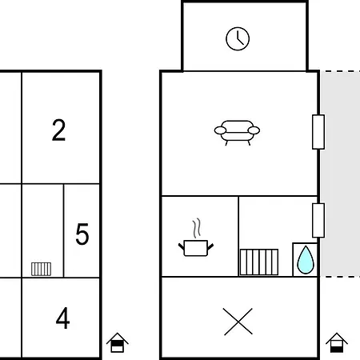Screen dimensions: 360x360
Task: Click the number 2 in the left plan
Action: pos(58,130)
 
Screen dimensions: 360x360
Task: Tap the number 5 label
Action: pos(82,234)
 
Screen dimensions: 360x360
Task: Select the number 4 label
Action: pos(62,318)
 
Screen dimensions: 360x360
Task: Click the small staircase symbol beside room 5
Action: pos(41,269)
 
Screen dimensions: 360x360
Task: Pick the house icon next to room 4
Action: pos(118,342)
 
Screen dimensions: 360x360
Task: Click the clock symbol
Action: pos(238,38)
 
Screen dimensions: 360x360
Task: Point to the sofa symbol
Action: pos(237,133)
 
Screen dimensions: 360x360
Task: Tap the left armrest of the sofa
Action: pos(220,130)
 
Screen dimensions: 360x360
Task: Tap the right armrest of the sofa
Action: pos(254,130)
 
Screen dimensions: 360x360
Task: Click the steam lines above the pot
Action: pos(197,229)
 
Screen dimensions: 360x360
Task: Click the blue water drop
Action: pos(306,260)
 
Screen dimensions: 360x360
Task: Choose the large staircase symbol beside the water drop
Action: pos(259,262)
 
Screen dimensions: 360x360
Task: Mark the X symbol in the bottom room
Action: pos(238,322)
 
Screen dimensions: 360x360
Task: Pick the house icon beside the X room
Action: pos(337,342)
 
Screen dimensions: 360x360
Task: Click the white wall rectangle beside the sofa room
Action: pos(318,132)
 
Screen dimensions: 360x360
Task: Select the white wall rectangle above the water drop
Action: pos(318,220)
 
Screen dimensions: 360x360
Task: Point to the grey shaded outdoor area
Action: pos(340,174)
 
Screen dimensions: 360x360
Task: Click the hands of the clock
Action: pos(239,38)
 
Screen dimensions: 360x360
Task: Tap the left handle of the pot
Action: pos(182,246)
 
